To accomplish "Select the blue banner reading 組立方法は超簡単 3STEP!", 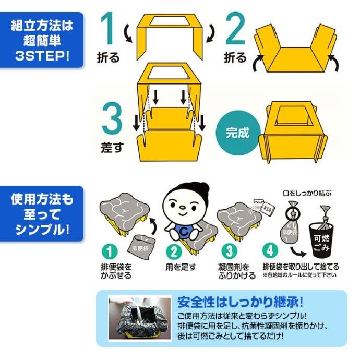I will [42, 40].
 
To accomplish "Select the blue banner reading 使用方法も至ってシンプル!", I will [42, 214].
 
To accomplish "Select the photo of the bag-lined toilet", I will [139, 319].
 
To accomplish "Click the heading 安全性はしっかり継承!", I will [241, 303].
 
